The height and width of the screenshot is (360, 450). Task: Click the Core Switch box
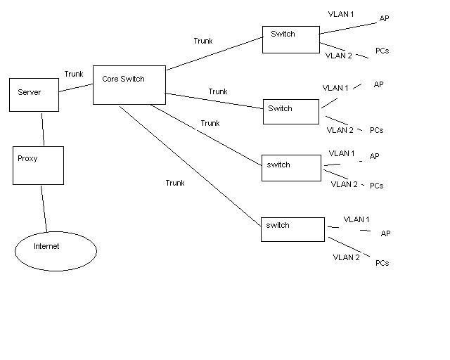point(129,85)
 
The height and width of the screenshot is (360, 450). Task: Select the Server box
point(34,95)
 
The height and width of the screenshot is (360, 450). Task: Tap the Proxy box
point(38,165)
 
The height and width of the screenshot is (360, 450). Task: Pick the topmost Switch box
point(290,39)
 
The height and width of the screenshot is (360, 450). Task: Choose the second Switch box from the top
point(290,112)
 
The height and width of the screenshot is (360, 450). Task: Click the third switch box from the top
point(288,167)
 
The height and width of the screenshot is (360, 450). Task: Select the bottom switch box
point(292,229)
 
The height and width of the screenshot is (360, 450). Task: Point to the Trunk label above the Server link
point(74,74)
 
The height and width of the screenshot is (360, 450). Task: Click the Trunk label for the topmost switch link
point(203,41)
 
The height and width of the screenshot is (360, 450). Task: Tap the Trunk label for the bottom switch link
point(175,183)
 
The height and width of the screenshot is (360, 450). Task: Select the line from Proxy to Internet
point(44,208)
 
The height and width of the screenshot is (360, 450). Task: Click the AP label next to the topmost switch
point(384,19)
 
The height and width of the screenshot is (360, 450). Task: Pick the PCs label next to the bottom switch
point(382,263)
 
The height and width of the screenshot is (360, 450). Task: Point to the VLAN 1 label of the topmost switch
point(342,14)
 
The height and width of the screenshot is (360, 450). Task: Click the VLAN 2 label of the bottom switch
point(347,257)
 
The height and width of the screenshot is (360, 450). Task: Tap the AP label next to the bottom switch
point(385,233)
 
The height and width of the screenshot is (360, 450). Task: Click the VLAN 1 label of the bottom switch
point(356,219)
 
